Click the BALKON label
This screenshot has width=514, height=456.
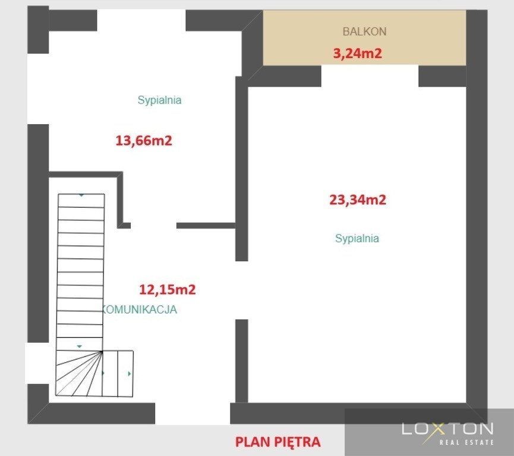364,31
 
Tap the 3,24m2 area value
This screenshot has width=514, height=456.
357,53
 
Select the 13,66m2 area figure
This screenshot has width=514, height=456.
144,141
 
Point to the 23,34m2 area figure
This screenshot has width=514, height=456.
358,199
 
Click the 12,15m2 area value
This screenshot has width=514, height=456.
167,289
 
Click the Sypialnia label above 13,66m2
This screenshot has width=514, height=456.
160,100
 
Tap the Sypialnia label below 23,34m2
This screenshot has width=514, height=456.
357,239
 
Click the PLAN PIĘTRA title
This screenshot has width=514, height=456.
278,442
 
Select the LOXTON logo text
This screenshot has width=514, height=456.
447,429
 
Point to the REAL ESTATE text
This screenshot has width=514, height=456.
466,442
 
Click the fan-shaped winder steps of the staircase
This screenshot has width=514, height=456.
79,373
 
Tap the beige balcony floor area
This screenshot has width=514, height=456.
364,37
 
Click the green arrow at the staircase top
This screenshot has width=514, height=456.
81,195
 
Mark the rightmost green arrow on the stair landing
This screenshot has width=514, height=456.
130,374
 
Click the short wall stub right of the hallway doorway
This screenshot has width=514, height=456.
206,226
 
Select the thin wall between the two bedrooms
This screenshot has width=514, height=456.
242,169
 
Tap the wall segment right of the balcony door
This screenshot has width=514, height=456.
442,77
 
